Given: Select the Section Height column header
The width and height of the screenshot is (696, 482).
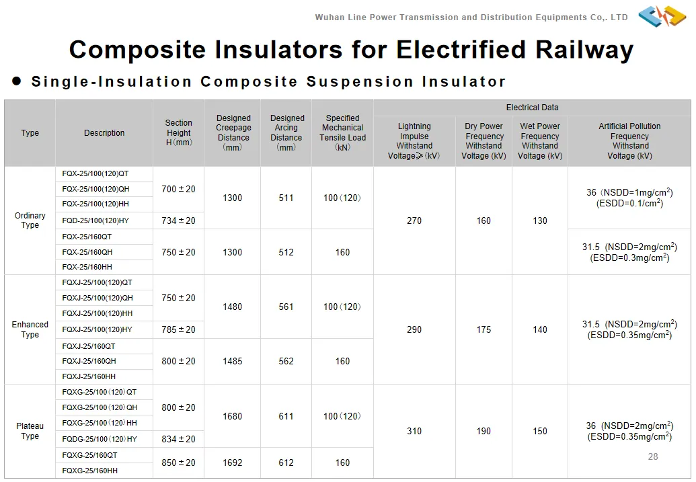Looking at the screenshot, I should click(178, 133).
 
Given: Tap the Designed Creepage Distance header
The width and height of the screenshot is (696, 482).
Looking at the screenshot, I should click(233, 133).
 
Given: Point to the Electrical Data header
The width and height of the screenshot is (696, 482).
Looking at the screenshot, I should click(532, 108).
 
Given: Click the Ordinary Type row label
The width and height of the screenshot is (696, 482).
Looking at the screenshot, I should click(30, 220).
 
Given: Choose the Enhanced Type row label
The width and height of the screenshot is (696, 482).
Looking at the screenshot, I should click(30, 329).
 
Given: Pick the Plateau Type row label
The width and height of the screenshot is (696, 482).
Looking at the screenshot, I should click(30, 431).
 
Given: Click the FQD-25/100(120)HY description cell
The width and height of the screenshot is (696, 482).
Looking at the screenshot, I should click(95, 220).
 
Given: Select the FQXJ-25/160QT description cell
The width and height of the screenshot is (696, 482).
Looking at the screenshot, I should click(89, 346).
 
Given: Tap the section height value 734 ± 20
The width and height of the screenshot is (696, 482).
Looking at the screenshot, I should click(178, 220).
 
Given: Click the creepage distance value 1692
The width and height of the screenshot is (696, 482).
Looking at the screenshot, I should click(233, 463).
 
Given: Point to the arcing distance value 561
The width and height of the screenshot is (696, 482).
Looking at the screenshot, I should click(286, 307).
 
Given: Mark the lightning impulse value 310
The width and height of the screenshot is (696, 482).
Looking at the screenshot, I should click(414, 431).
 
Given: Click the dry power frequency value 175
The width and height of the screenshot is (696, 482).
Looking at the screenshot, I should click(484, 329).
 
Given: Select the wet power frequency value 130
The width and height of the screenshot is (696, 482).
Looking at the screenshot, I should click(540, 220).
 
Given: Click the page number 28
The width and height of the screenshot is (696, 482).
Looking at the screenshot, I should click(653, 456).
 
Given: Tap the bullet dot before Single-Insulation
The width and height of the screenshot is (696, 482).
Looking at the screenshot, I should click(17, 81).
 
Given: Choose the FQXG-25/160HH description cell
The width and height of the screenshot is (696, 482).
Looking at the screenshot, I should click(89, 471).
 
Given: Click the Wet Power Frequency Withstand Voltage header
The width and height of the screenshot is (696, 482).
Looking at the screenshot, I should click(540, 140).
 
